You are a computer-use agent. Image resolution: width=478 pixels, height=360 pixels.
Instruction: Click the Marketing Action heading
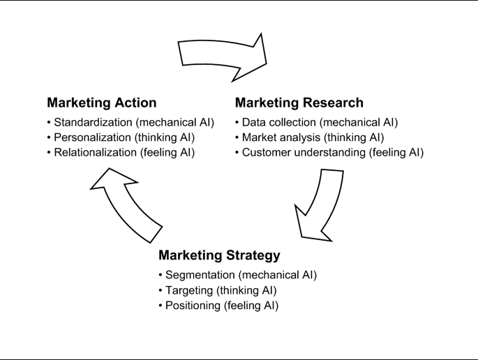(101, 103)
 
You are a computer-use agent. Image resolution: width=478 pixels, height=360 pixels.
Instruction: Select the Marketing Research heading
(299, 103)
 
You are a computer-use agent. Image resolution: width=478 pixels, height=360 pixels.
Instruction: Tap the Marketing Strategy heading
(220, 255)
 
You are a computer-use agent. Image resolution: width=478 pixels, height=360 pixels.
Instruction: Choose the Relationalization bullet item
(120, 152)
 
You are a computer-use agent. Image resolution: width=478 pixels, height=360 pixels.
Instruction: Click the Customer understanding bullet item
(329, 152)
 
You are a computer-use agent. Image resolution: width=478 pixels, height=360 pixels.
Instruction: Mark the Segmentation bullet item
(238, 275)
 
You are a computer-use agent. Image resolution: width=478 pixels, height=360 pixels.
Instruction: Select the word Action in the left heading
(134, 103)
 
